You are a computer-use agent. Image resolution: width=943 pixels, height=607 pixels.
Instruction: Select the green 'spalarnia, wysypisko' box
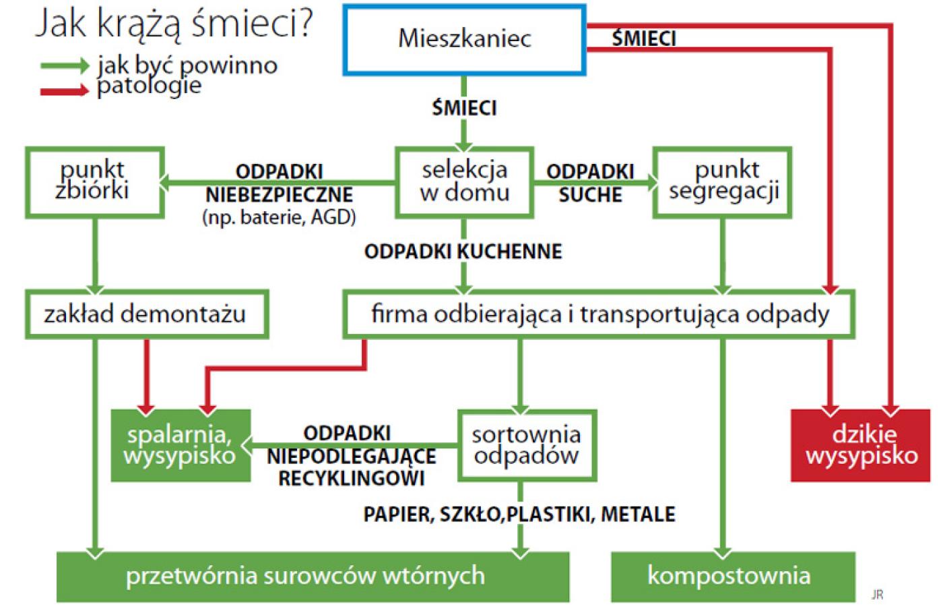tap(181, 446)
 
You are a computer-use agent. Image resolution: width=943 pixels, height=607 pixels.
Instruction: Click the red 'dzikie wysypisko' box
tap(861, 446)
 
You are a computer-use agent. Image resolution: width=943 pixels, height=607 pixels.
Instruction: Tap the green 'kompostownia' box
tap(733, 577)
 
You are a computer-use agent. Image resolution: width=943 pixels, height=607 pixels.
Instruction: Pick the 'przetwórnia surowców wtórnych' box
tap(313, 577)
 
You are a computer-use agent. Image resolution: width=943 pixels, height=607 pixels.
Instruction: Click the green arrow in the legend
tap(65, 66)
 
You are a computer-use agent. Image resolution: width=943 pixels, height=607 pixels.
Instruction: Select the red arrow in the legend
tap(65, 90)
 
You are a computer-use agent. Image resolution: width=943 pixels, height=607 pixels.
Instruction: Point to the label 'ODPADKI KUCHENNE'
tap(463, 252)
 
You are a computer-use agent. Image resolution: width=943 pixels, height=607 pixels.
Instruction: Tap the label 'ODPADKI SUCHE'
tap(590, 183)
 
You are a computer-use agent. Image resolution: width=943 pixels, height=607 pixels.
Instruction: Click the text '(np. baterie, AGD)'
tap(279, 218)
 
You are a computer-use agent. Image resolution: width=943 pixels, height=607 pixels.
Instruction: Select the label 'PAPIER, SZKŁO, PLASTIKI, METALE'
tap(519, 515)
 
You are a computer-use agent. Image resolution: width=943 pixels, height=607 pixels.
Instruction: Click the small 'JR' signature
tap(877, 595)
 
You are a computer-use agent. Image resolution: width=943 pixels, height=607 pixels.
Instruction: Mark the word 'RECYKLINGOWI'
tap(352, 478)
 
